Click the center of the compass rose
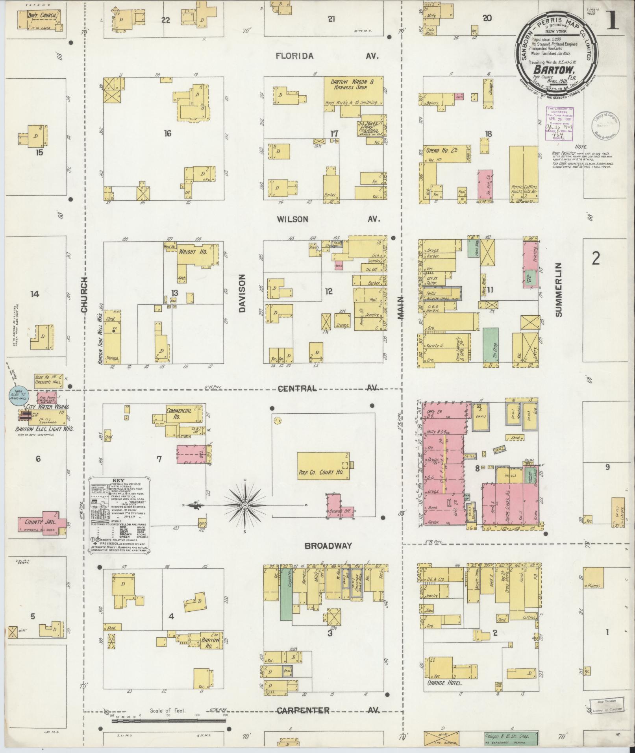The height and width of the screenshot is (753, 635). tap(244, 505)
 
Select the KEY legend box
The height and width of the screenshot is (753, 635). tap(118, 516)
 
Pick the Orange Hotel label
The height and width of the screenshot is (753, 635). tap(444, 683)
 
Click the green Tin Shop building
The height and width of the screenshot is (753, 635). tap(490, 346)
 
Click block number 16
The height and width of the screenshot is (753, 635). tap(168, 134)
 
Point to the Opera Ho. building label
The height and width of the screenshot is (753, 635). tap(437, 151)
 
